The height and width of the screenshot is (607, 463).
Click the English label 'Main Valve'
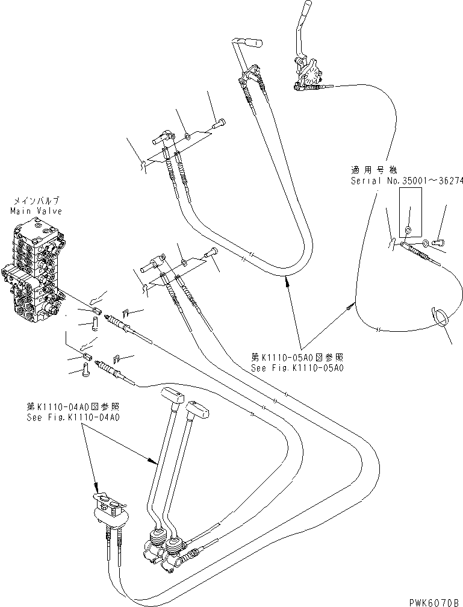click(36, 211)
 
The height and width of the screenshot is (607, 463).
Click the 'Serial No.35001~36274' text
click(407, 181)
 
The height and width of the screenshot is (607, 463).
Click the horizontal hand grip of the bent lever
click(253, 43)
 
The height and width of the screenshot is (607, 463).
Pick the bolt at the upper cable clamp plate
click(218, 125)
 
